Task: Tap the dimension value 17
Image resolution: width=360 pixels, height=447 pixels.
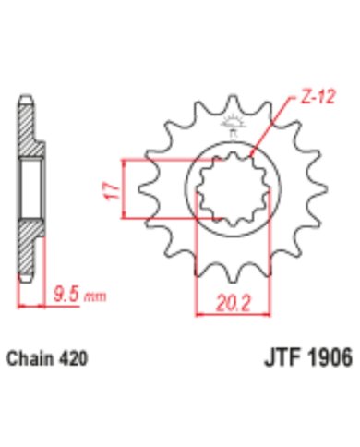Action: click(x=110, y=191)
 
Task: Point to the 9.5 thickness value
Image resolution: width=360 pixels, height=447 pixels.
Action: click(x=66, y=297)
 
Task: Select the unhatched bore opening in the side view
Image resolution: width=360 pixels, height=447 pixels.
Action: click(x=29, y=190)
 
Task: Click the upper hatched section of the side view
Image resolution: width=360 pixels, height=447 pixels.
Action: click(x=29, y=139)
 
